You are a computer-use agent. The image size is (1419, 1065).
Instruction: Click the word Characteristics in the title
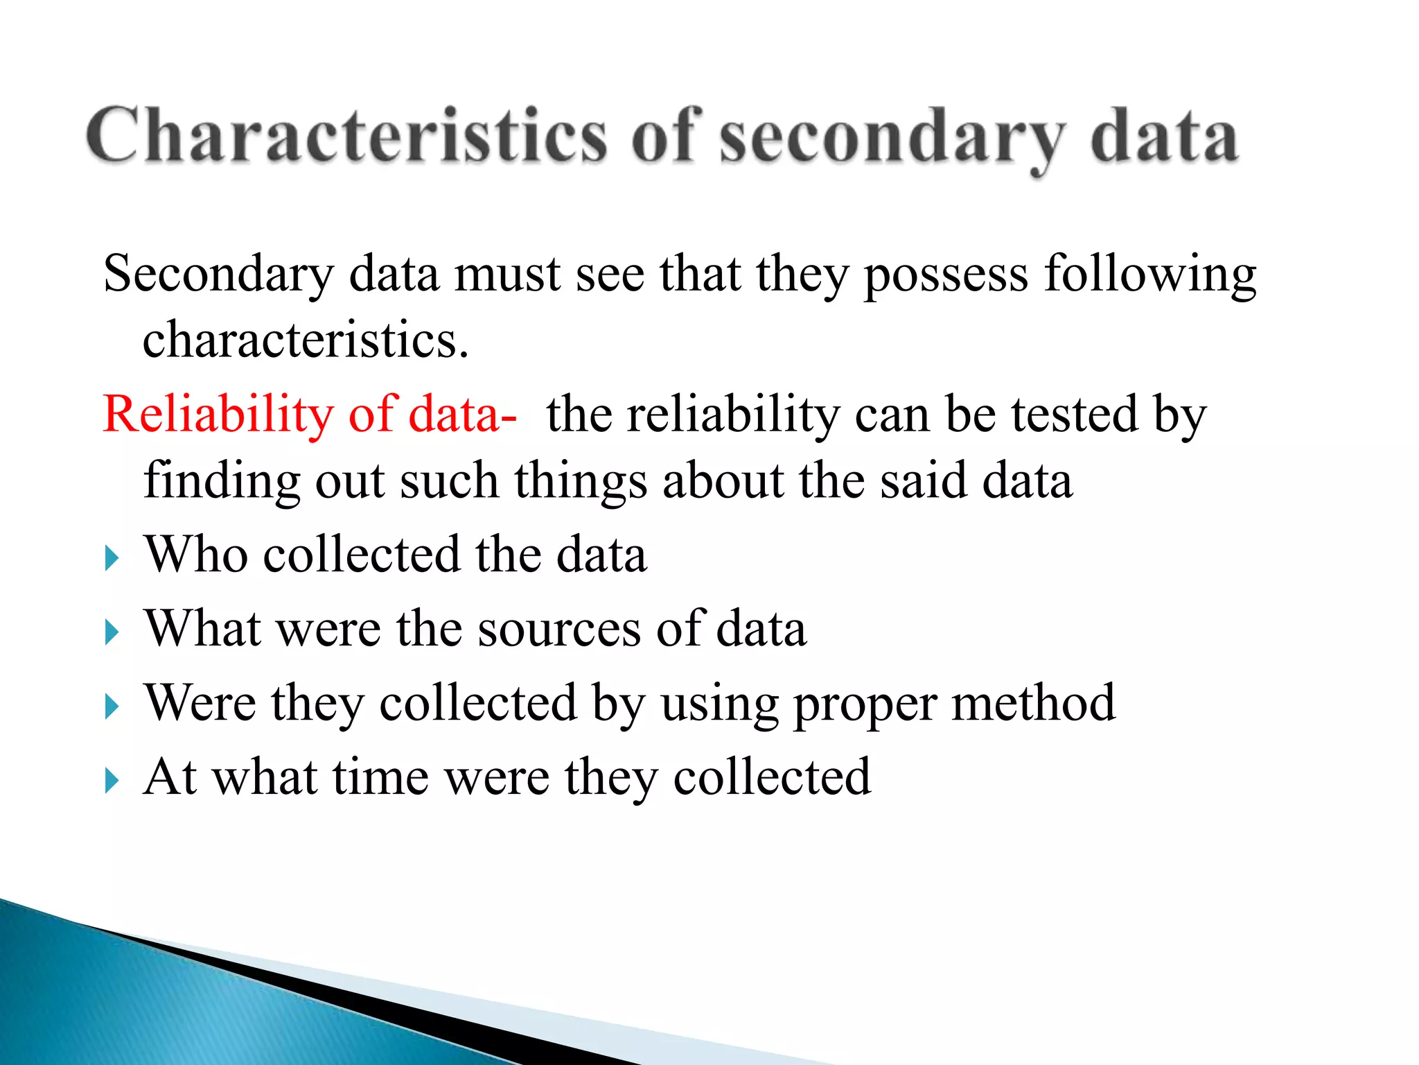coord(346,136)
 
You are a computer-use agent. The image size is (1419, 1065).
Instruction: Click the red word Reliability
coord(218,415)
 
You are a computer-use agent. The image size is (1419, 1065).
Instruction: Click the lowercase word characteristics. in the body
coord(306,340)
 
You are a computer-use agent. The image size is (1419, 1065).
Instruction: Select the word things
coord(581,481)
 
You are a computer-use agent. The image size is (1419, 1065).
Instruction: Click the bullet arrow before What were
coord(112,632)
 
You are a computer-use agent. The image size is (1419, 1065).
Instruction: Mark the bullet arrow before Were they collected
coord(112,707)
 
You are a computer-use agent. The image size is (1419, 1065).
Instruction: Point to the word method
coord(1033,703)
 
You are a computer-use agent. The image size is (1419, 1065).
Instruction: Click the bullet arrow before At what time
coord(112,781)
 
